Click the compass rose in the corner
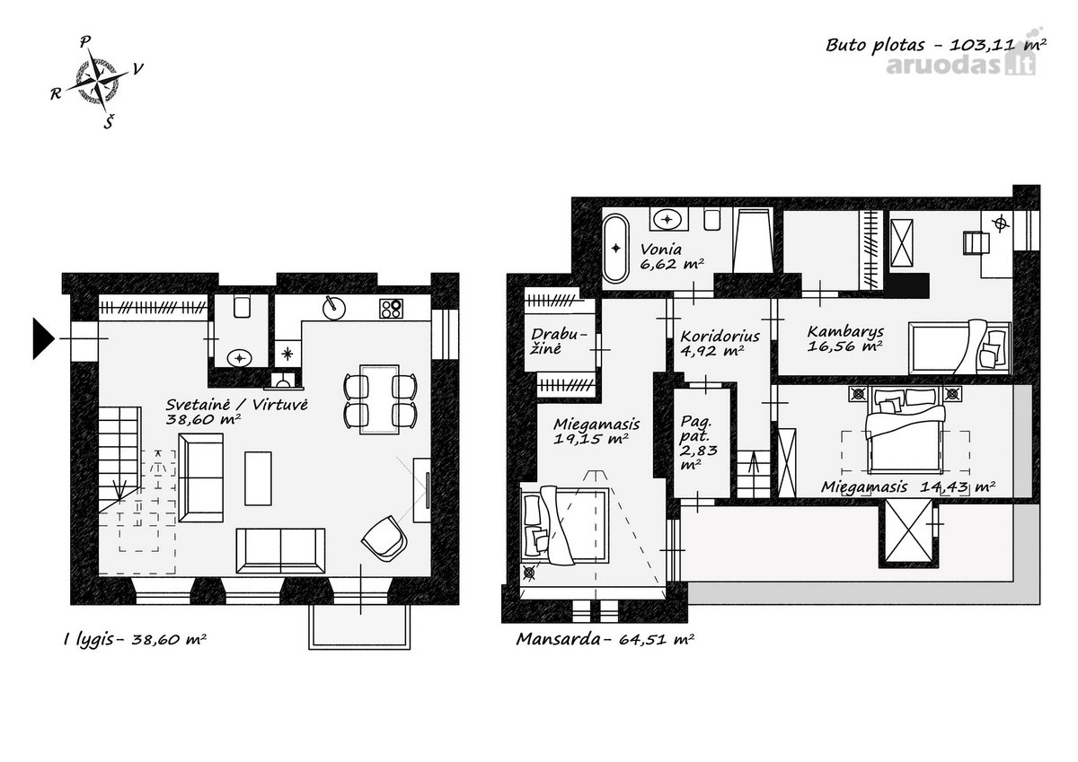[98, 83]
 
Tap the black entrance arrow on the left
[43, 338]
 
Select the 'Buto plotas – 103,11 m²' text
[936, 45]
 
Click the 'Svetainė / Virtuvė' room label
[237, 404]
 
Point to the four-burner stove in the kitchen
[391, 309]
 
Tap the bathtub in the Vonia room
[615, 248]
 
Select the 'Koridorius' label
[720, 336]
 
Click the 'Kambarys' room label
[845, 332]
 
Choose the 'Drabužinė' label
[559, 341]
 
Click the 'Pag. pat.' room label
[696, 429]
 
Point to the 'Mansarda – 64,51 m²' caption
[605, 639]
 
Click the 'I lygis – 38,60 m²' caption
[135, 639]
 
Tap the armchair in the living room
[385, 539]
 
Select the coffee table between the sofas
[258, 478]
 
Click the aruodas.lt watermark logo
[960, 63]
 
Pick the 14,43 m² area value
[958, 487]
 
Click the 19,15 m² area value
[590, 439]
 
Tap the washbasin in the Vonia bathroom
[667, 220]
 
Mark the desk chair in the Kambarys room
[975, 243]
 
